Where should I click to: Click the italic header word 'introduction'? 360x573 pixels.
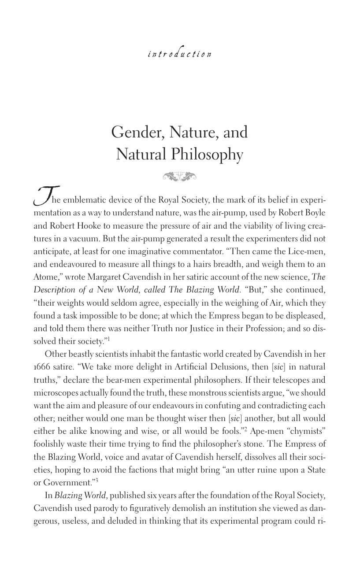[x=179, y=54]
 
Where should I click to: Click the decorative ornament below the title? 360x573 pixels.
[x=179, y=177]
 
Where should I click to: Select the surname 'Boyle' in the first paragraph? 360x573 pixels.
[x=315, y=213]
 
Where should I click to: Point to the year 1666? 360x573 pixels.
[x=43, y=367]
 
